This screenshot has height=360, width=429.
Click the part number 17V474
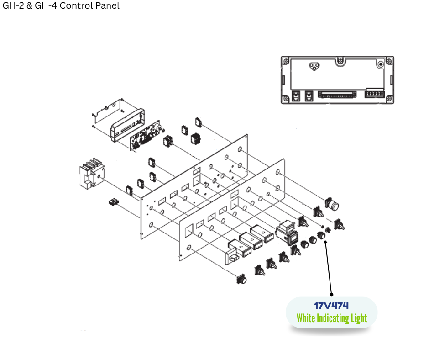331,306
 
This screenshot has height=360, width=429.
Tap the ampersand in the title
30,6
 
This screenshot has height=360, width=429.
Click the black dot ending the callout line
331,295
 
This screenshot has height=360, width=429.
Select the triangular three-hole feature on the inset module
313,67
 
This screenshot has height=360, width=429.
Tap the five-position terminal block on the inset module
374,95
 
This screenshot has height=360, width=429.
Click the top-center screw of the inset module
340,59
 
